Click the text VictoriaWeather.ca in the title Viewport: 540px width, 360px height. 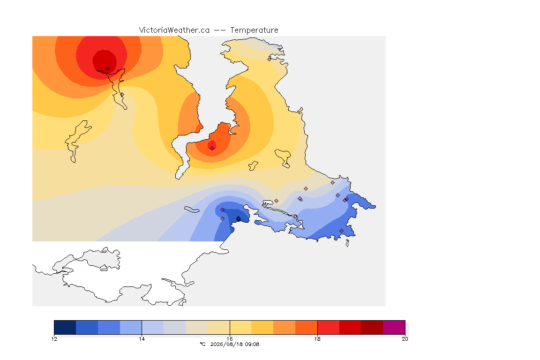174,30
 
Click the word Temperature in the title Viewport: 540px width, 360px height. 254,30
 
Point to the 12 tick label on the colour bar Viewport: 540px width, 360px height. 54,339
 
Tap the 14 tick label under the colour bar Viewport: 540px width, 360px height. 142,339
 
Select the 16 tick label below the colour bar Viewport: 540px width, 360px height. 230,339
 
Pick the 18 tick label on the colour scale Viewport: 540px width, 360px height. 317,339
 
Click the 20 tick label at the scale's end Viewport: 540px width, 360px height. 405,339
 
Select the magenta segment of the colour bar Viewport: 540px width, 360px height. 394,327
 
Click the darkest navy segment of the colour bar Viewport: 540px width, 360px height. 65,327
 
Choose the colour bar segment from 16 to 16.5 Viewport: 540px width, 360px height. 241,327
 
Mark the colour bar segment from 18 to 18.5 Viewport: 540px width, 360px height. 328,327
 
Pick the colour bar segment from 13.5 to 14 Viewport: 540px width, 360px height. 131,327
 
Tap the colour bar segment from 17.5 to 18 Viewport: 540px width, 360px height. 307,327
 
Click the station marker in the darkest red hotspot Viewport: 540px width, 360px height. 108,69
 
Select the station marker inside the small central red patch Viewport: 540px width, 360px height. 212,148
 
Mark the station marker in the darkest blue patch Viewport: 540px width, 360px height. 238,219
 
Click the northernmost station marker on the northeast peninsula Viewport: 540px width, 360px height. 270,59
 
